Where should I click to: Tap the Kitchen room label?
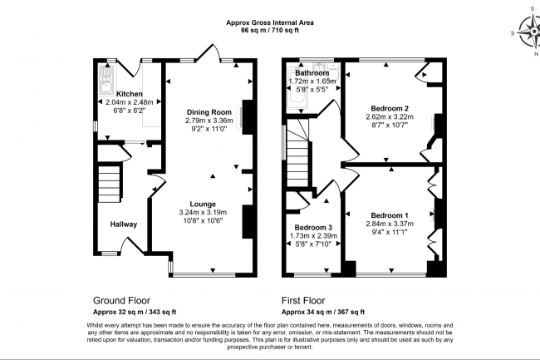tap(129, 94)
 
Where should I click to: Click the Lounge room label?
tap(203, 204)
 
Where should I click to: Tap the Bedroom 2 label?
tap(389, 108)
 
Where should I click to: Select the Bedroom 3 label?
tap(313, 227)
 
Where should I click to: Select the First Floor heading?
tap(302, 301)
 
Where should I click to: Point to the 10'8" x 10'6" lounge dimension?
tap(203, 221)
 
